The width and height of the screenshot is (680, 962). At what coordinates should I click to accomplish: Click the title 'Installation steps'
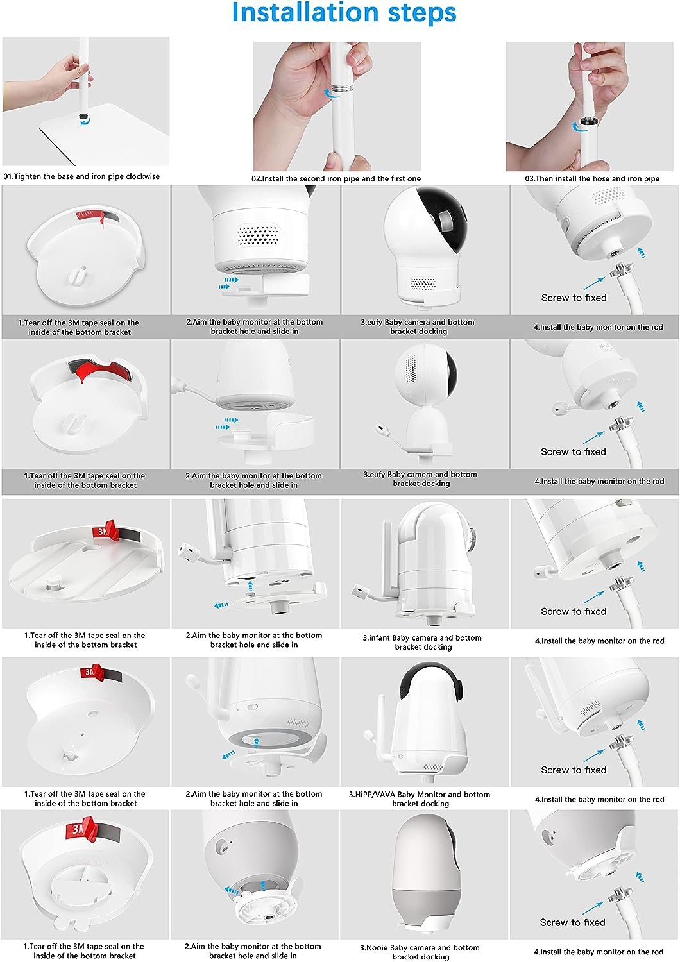[x=344, y=13]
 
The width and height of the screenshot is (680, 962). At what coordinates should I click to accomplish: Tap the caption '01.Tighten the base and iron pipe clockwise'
[x=81, y=176]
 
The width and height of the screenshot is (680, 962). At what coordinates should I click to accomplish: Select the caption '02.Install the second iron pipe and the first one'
[x=336, y=179]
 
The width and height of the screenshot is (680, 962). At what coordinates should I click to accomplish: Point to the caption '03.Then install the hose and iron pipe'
[x=592, y=179]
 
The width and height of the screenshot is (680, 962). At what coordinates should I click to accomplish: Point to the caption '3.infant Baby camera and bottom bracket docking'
[x=422, y=643]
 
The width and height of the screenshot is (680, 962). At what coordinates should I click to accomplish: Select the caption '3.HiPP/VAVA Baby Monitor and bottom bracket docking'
[x=420, y=799]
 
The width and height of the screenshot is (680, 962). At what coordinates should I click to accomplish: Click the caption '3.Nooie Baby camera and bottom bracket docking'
[x=420, y=952]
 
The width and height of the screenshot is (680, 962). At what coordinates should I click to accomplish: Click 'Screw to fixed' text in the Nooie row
[x=572, y=922]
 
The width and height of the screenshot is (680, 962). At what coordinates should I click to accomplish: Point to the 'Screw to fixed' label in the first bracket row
[x=574, y=298]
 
